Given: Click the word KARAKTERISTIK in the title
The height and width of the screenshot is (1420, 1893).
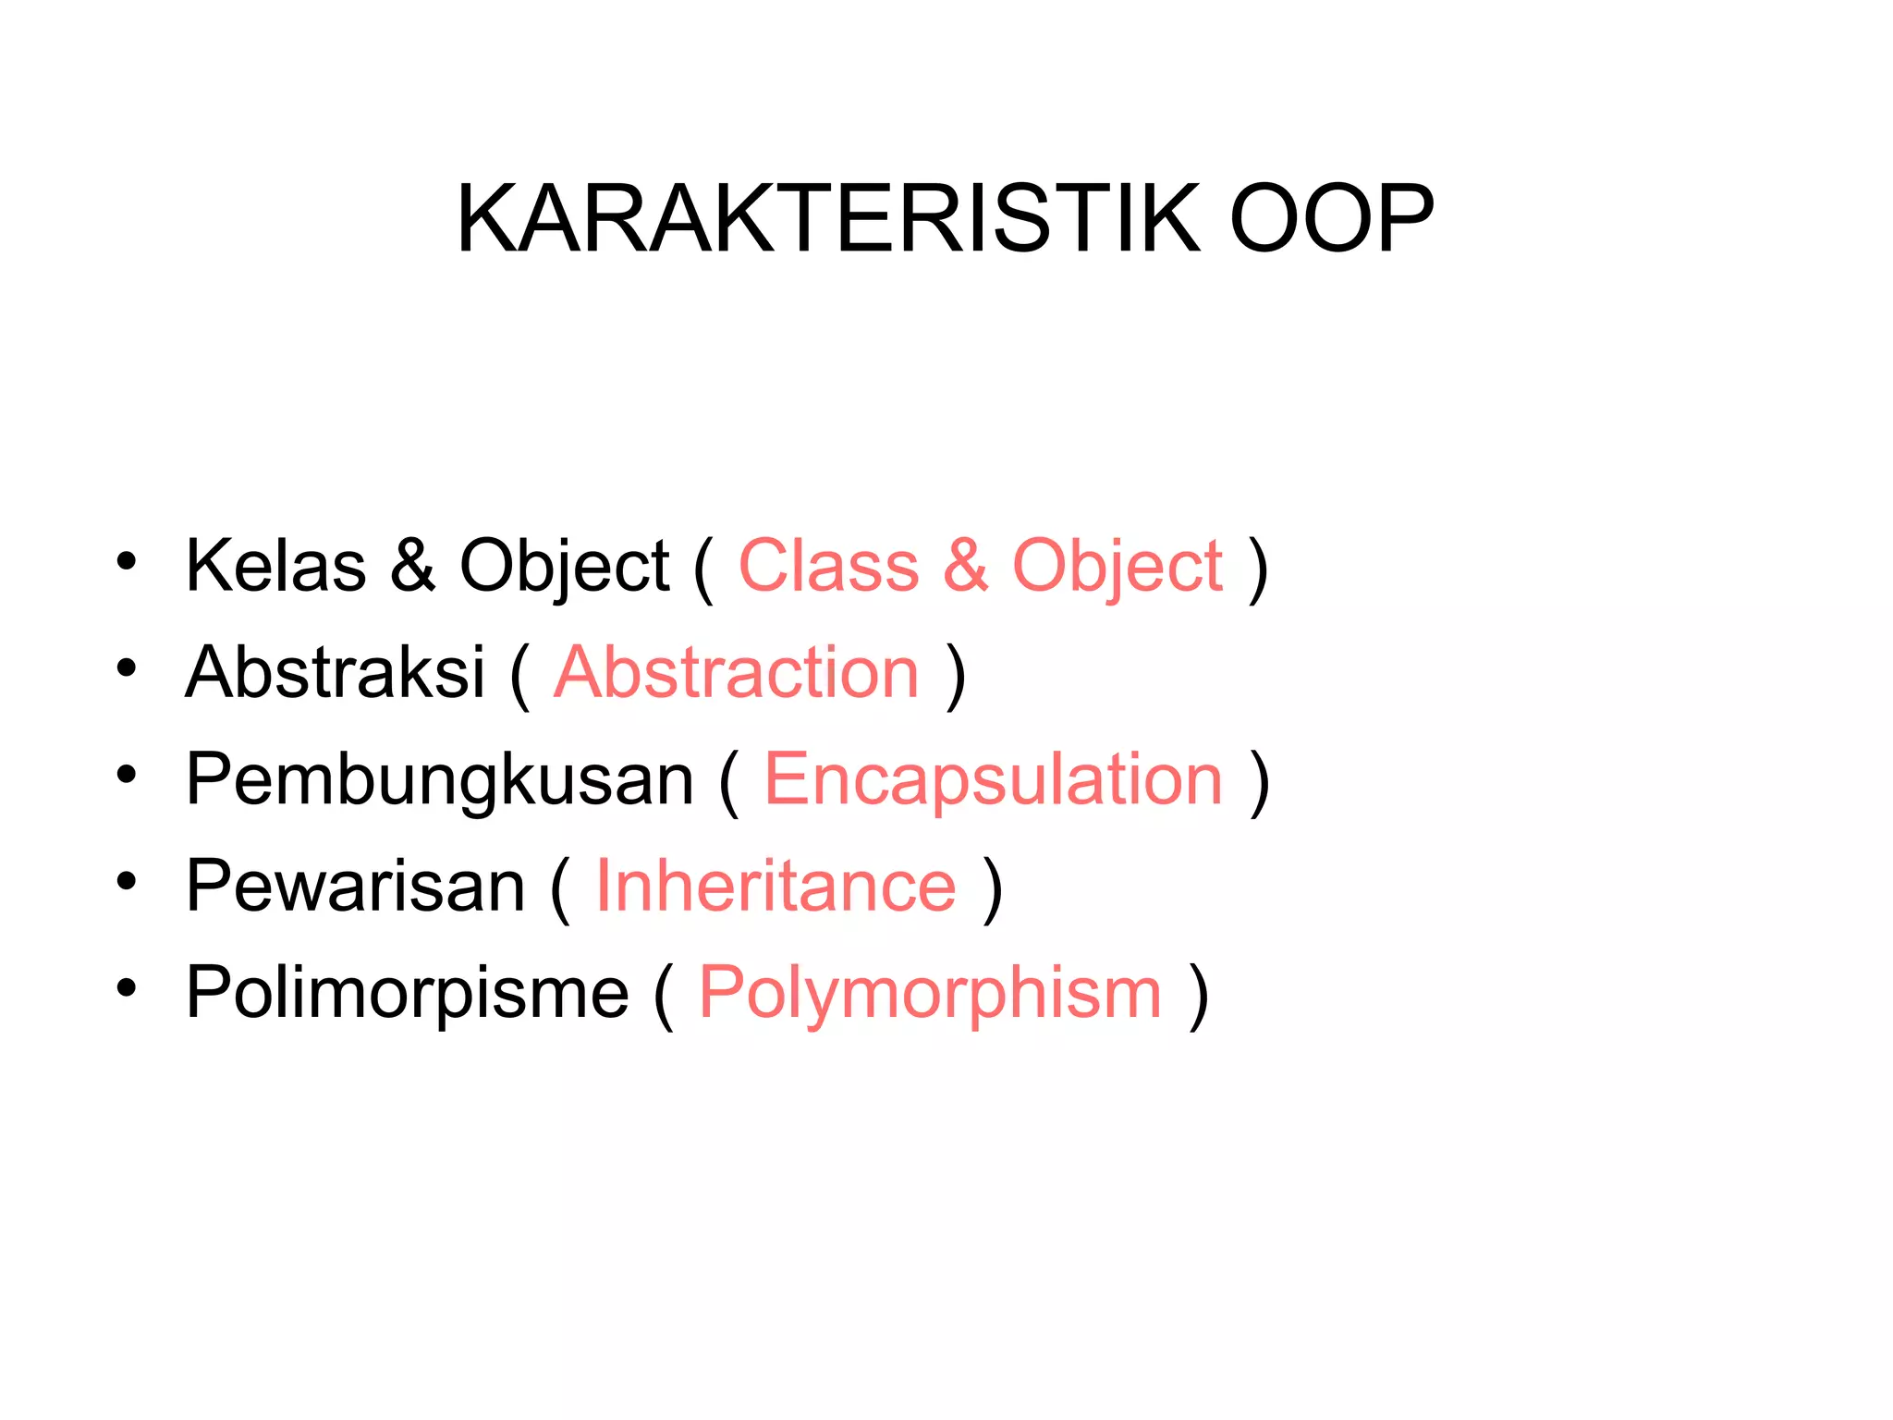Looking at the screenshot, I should tap(828, 219).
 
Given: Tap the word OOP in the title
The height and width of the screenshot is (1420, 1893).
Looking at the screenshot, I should tap(1331, 219).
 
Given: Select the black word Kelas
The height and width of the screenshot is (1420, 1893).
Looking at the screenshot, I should tap(275, 566).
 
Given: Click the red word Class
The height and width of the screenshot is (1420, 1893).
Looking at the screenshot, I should tap(828, 566).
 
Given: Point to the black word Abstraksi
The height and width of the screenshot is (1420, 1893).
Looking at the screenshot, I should tap(335, 672).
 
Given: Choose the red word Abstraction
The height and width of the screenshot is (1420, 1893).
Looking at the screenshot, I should tap(737, 672).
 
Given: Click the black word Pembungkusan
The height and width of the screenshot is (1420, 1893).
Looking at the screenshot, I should tap(439, 779).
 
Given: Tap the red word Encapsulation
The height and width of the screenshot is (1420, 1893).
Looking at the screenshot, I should tap(994, 779).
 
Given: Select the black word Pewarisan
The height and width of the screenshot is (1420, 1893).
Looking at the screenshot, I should tap(356, 886).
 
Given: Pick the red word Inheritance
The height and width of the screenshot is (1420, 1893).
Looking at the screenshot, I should tap(776, 886).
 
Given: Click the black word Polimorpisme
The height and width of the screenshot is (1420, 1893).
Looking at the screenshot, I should tap(407, 993).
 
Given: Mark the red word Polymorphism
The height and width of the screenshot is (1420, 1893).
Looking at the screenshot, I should tap(930, 993).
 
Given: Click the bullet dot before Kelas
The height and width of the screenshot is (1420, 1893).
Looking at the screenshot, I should tap(127, 560).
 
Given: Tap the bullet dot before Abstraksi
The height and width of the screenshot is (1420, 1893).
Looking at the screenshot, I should tap(127, 667).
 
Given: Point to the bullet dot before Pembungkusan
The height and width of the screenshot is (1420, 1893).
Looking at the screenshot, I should tap(127, 774).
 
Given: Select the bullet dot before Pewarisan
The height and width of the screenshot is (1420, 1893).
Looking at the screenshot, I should tap(127, 881).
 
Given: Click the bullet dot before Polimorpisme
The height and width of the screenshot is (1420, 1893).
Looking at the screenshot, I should tap(127, 987).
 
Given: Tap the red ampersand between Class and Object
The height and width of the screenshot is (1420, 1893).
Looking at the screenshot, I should tap(966, 566).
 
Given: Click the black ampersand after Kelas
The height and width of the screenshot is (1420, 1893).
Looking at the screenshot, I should tap(412, 566).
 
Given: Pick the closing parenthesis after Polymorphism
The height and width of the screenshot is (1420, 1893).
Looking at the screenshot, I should tap(1199, 995).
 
